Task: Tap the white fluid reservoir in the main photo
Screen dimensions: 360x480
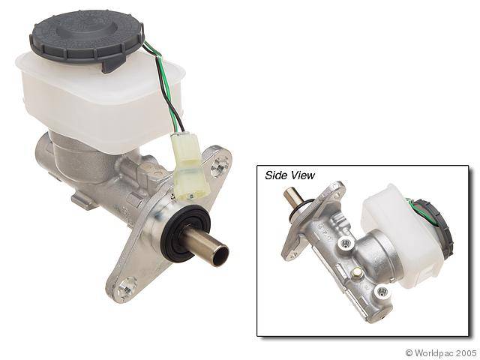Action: coord(90,97)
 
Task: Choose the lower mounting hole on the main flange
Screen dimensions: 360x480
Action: coord(127,285)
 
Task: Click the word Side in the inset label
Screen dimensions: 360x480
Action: coord(277,175)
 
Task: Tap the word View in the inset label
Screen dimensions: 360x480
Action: coord(302,175)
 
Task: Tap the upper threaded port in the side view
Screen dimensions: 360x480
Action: coord(346,242)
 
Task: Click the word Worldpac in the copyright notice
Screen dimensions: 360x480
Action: coord(436,352)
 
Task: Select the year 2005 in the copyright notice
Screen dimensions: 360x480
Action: coord(466,352)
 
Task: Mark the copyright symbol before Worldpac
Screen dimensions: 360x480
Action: coord(409,352)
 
